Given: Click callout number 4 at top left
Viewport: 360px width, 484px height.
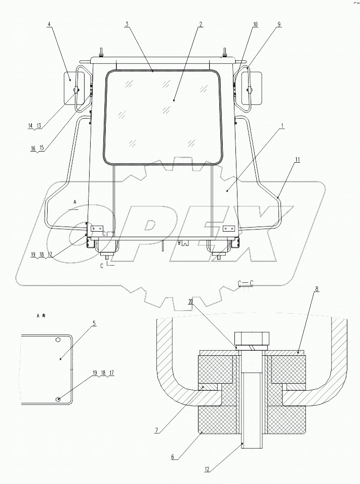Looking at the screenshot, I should point(50,24).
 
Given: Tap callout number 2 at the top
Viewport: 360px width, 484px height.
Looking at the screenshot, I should point(201,24).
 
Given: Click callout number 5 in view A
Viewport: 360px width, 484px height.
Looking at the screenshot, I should point(94,323).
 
